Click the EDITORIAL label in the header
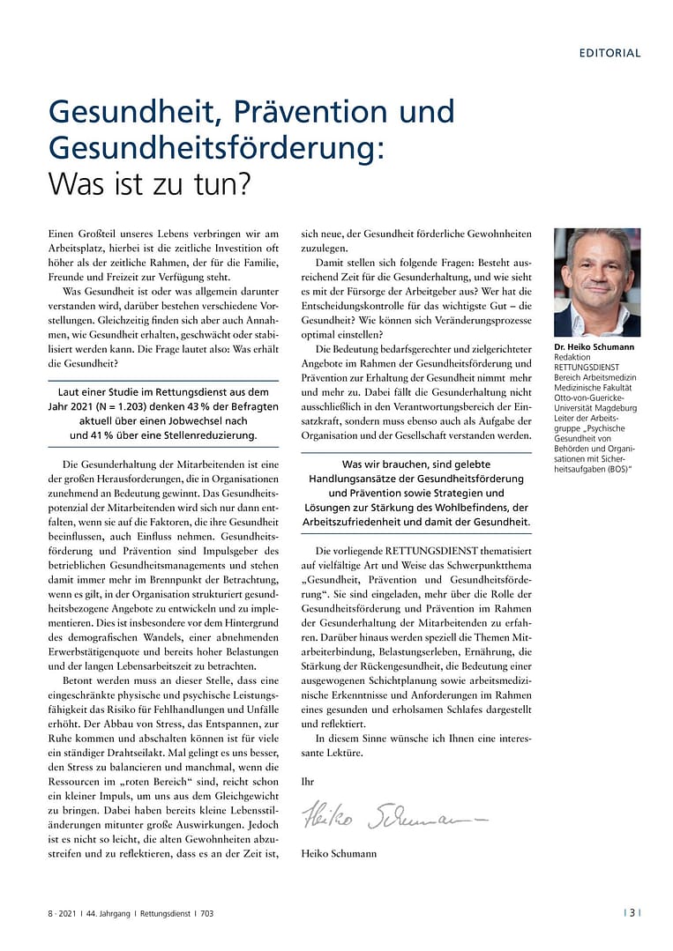click(609, 53)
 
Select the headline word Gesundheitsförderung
click(216, 147)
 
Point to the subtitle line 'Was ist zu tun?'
click(149, 183)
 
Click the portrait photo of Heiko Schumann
click(597, 281)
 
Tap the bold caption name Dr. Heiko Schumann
click(594, 347)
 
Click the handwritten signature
click(393, 818)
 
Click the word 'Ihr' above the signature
click(308, 781)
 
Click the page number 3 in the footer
click(632, 913)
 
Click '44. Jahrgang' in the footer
click(113, 914)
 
